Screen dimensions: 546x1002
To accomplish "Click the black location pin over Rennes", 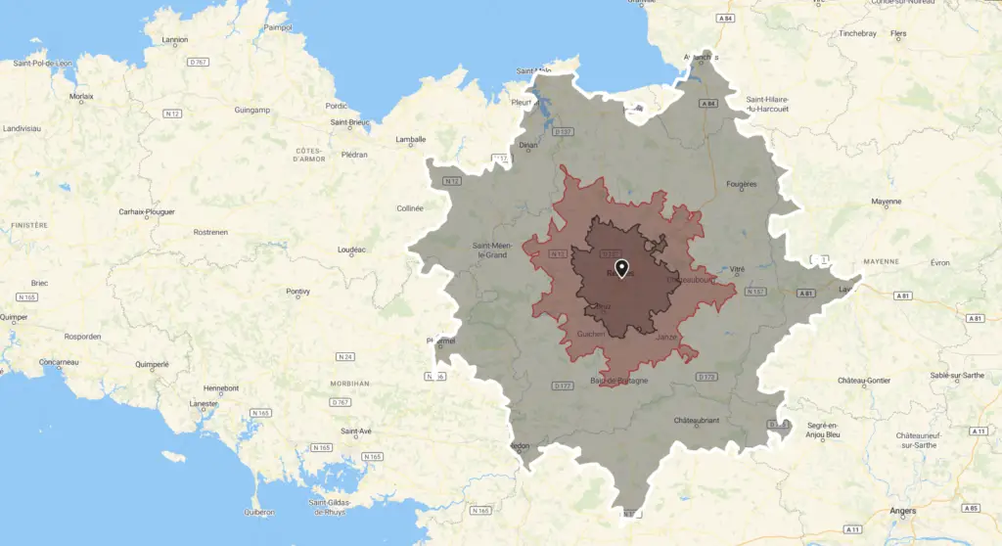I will pyautogui.click(x=620, y=267).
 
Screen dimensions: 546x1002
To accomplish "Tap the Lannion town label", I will pyautogui.click(x=175, y=40).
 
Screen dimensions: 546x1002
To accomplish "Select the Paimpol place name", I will pyautogui.click(x=277, y=27).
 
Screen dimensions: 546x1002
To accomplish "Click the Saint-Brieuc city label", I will pyautogui.click(x=354, y=123).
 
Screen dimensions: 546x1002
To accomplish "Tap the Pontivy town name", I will pyautogui.click(x=297, y=292).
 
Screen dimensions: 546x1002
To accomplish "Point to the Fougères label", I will pyautogui.click(x=744, y=184).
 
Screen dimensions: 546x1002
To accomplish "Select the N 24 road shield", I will pyautogui.click(x=344, y=355).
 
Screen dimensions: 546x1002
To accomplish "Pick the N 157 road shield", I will pyautogui.click(x=754, y=292).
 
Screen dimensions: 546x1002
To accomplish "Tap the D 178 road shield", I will pyautogui.click(x=706, y=376).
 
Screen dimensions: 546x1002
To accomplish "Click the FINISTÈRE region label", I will pyautogui.click(x=28, y=225).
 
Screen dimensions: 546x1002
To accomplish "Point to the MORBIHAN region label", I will pyautogui.click(x=348, y=384).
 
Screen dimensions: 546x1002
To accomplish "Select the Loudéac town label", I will pyautogui.click(x=350, y=250).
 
